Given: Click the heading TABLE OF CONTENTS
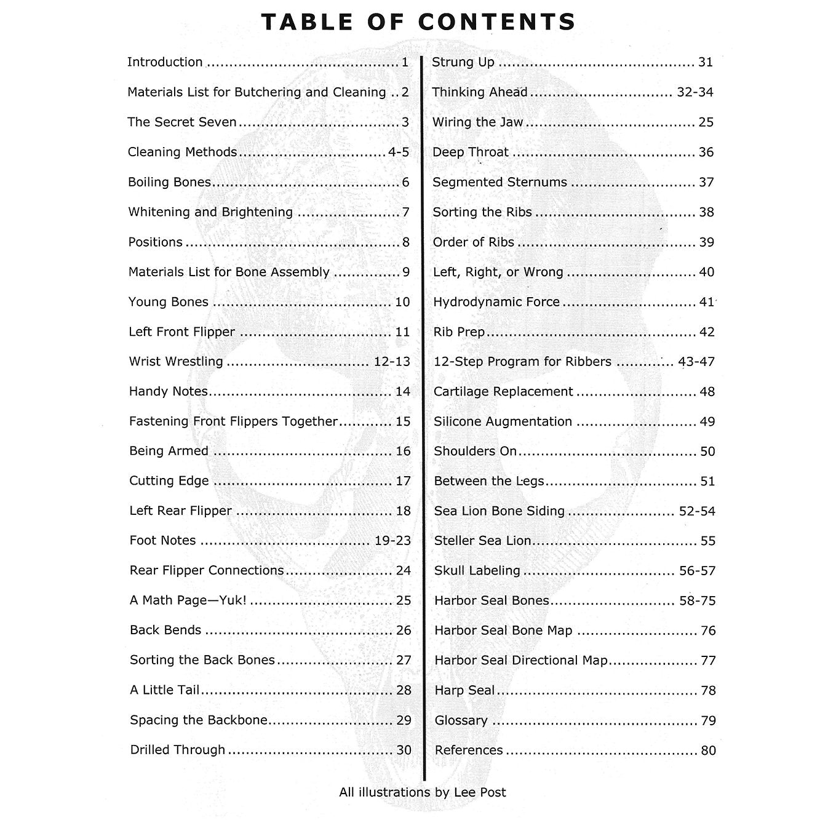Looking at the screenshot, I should point(418,22).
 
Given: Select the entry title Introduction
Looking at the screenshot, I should point(165,62).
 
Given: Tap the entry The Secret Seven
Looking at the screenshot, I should point(182,122).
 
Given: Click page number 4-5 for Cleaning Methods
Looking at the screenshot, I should point(399,152).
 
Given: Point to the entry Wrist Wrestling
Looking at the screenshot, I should point(176,361).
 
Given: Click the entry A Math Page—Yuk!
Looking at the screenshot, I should point(188,600).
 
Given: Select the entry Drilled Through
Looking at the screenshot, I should point(178,750).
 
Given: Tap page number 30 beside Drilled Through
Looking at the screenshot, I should point(404,750).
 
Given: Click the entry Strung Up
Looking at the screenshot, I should point(463,62).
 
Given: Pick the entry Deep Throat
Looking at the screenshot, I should point(471,152).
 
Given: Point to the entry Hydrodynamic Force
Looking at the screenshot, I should point(496,302).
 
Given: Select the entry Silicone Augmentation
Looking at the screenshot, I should point(503,421).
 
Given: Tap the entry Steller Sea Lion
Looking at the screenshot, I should point(483,541).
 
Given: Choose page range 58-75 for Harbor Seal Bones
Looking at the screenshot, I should point(697,601).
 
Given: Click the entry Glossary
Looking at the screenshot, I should point(461,720).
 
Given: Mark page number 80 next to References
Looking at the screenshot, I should point(708,750).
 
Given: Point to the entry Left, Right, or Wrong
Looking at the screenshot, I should point(498,272).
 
